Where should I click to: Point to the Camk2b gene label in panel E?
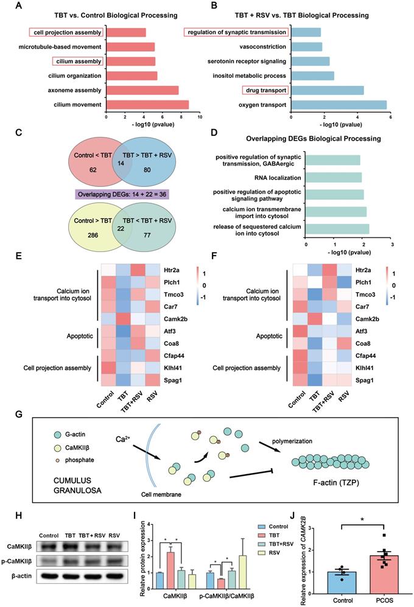coord(175,318)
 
